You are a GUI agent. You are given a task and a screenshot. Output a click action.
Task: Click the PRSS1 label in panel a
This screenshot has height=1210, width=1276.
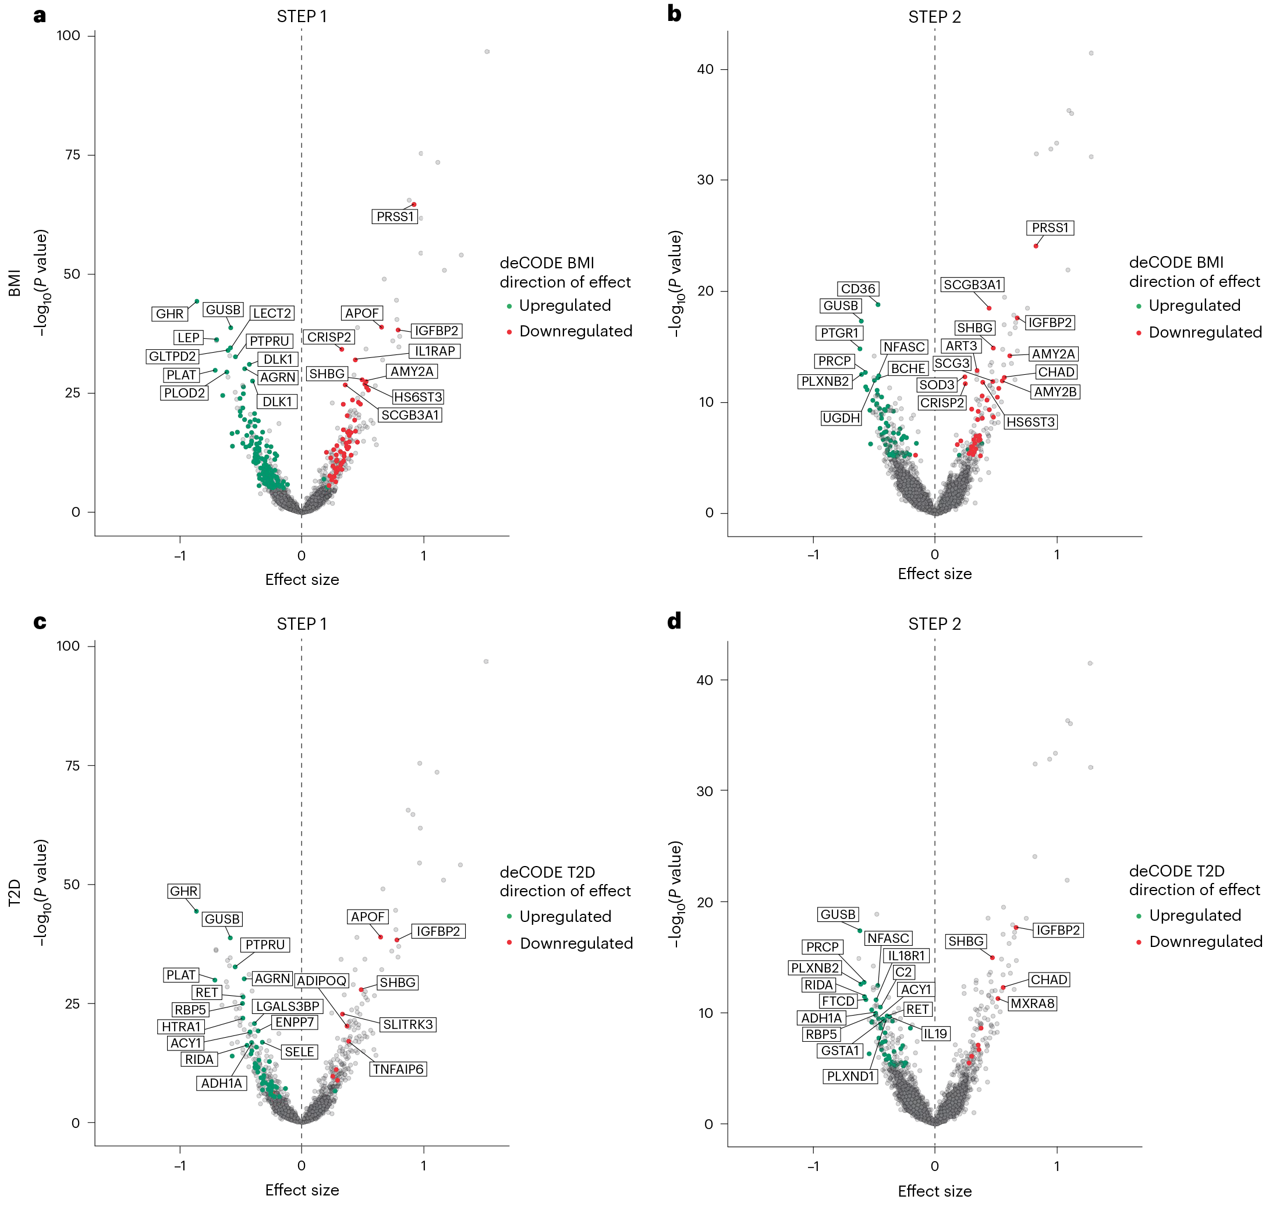395,217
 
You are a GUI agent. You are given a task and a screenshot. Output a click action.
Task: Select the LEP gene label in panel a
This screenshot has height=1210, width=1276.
189,338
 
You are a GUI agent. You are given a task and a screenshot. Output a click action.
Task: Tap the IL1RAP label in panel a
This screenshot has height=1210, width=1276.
435,351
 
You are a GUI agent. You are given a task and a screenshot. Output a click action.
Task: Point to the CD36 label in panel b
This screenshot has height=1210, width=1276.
858,289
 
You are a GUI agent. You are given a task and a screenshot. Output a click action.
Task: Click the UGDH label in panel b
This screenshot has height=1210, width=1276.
841,418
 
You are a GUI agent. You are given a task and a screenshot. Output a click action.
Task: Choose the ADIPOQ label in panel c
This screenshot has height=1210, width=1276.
322,981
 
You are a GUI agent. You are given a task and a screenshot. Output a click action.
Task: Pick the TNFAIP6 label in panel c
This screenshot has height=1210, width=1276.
398,1069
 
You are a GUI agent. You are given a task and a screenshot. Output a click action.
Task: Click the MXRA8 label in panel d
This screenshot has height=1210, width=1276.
1032,1003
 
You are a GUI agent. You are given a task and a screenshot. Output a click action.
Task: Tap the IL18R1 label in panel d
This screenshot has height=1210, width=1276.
906,956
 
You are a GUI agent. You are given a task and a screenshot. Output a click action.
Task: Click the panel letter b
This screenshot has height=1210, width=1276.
674,13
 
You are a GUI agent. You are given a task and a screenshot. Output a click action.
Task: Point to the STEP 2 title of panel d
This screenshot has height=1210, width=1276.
934,624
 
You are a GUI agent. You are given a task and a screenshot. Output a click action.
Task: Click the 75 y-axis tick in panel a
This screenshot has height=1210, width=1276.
73,155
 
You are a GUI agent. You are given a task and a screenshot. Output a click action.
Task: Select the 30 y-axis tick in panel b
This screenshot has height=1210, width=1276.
705,180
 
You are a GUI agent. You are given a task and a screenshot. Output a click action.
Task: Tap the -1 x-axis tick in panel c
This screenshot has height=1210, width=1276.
179,1166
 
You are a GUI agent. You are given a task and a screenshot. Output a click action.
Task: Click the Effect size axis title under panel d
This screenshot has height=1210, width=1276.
934,1191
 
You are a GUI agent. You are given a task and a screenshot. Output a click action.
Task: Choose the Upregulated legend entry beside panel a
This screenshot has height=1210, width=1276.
565,306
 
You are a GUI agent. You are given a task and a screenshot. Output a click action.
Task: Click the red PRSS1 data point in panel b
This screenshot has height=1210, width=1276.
1036,246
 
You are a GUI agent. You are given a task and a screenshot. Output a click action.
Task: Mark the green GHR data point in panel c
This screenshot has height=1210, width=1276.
196,911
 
